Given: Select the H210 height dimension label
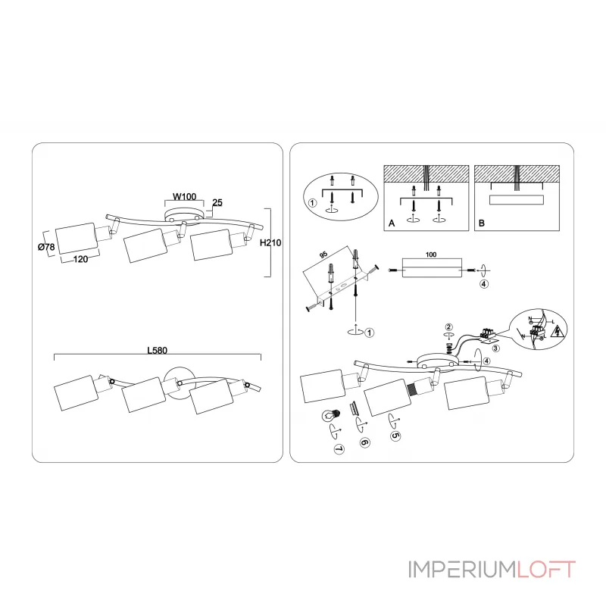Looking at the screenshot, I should (270, 243).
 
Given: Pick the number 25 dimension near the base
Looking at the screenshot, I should (217, 203).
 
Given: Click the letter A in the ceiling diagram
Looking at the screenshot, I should (391, 224).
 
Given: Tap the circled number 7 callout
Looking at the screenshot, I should (338, 448).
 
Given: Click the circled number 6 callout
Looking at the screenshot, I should (364, 442).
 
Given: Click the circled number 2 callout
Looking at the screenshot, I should (448, 326).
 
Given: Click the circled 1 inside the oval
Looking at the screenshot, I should (312, 202).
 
